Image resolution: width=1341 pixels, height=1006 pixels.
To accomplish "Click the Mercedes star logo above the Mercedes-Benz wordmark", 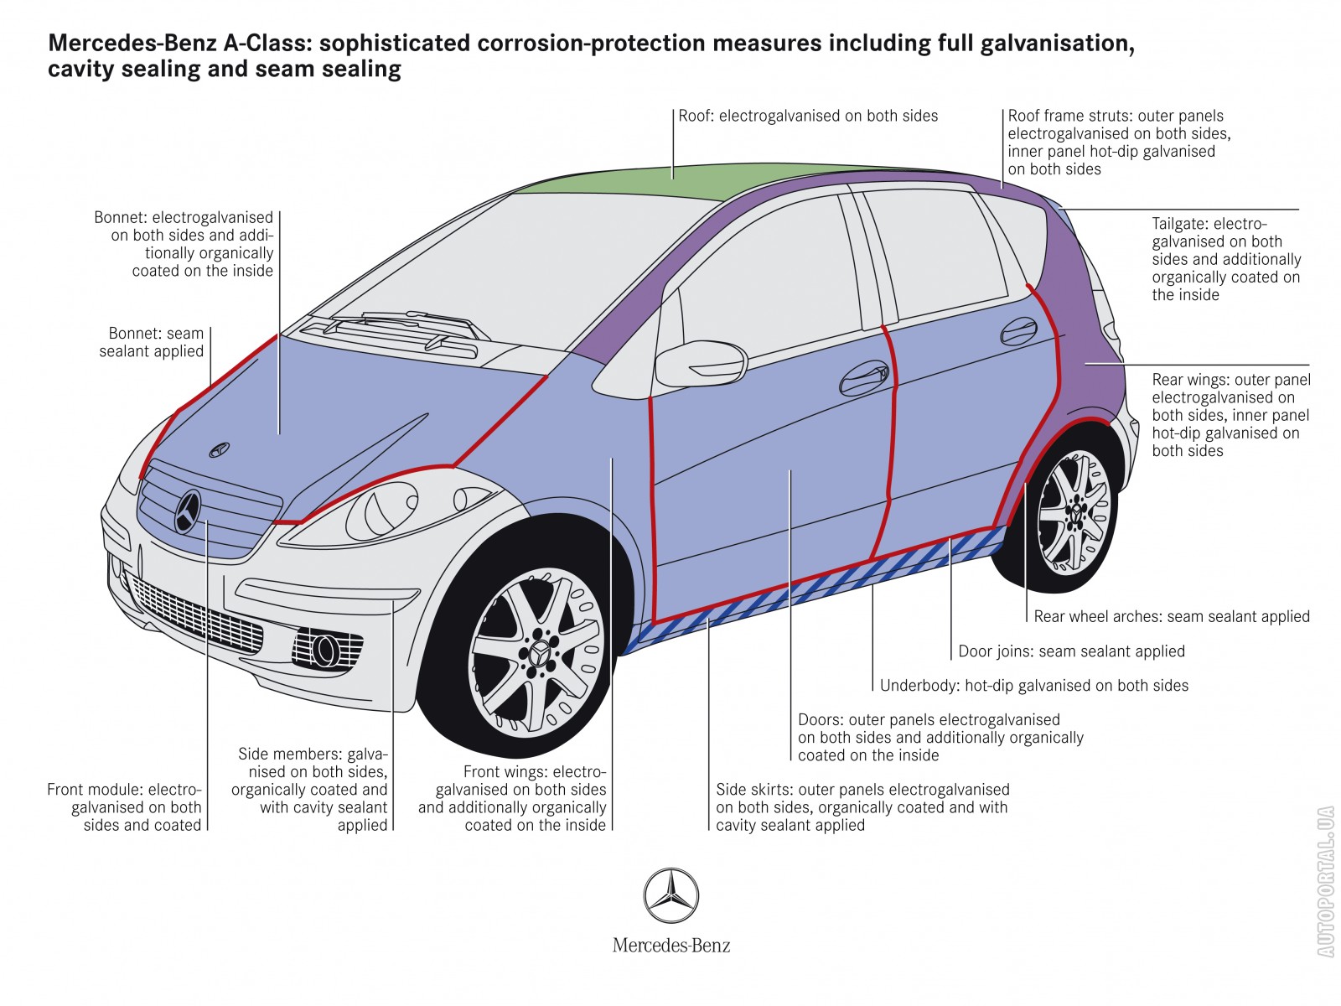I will point(671,895).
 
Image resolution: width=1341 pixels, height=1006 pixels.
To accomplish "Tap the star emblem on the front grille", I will point(189,511).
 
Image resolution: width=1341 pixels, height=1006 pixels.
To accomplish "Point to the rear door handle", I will point(1019,330).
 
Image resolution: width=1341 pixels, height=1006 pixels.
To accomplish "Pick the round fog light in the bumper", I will point(323,648).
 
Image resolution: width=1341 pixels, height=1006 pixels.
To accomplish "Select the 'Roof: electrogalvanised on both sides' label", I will point(808,117).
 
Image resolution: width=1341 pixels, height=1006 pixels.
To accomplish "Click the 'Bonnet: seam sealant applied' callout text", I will point(152,342).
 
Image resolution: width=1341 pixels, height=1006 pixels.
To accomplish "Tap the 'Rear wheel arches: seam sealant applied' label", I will point(1171,617).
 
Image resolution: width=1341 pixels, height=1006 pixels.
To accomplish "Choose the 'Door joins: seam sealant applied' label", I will point(1071,651).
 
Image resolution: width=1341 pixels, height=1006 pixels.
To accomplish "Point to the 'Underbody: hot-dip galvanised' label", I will point(1033,686).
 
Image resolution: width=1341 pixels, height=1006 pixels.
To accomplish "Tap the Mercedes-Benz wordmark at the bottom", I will point(671,946).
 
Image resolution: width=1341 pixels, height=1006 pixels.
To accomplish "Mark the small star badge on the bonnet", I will point(219,449).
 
